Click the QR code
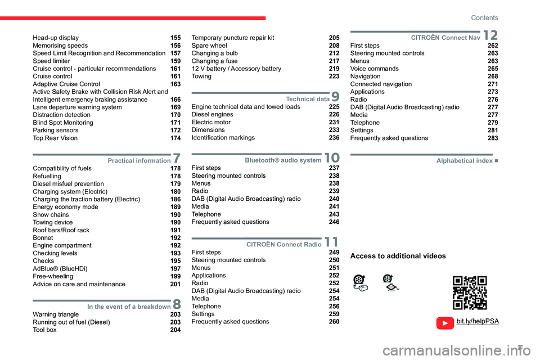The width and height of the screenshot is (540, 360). click(x=470, y=292)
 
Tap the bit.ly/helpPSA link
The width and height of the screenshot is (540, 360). click(x=477, y=321)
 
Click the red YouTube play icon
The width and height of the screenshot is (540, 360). click(x=444, y=323)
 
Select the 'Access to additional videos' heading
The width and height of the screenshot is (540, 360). click(x=398, y=256)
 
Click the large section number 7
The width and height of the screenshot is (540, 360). click(x=177, y=159)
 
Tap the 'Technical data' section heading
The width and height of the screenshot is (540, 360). click(x=308, y=99)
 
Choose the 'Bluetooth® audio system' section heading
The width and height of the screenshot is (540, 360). click(x=283, y=160)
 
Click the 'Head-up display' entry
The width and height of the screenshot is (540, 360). click(x=56, y=38)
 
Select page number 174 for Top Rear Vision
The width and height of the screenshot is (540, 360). click(x=175, y=138)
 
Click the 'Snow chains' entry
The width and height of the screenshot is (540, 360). click(x=51, y=215)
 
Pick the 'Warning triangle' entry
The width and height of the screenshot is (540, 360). click(x=56, y=314)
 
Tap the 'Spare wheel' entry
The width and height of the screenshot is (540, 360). click(x=209, y=46)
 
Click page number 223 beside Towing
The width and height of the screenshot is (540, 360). click(x=334, y=76)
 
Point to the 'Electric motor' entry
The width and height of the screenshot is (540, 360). click(x=211, y=122)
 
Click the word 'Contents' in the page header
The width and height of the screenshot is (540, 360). click(x=484, y=18)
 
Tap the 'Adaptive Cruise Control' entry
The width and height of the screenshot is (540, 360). click(x=66, y=84)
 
